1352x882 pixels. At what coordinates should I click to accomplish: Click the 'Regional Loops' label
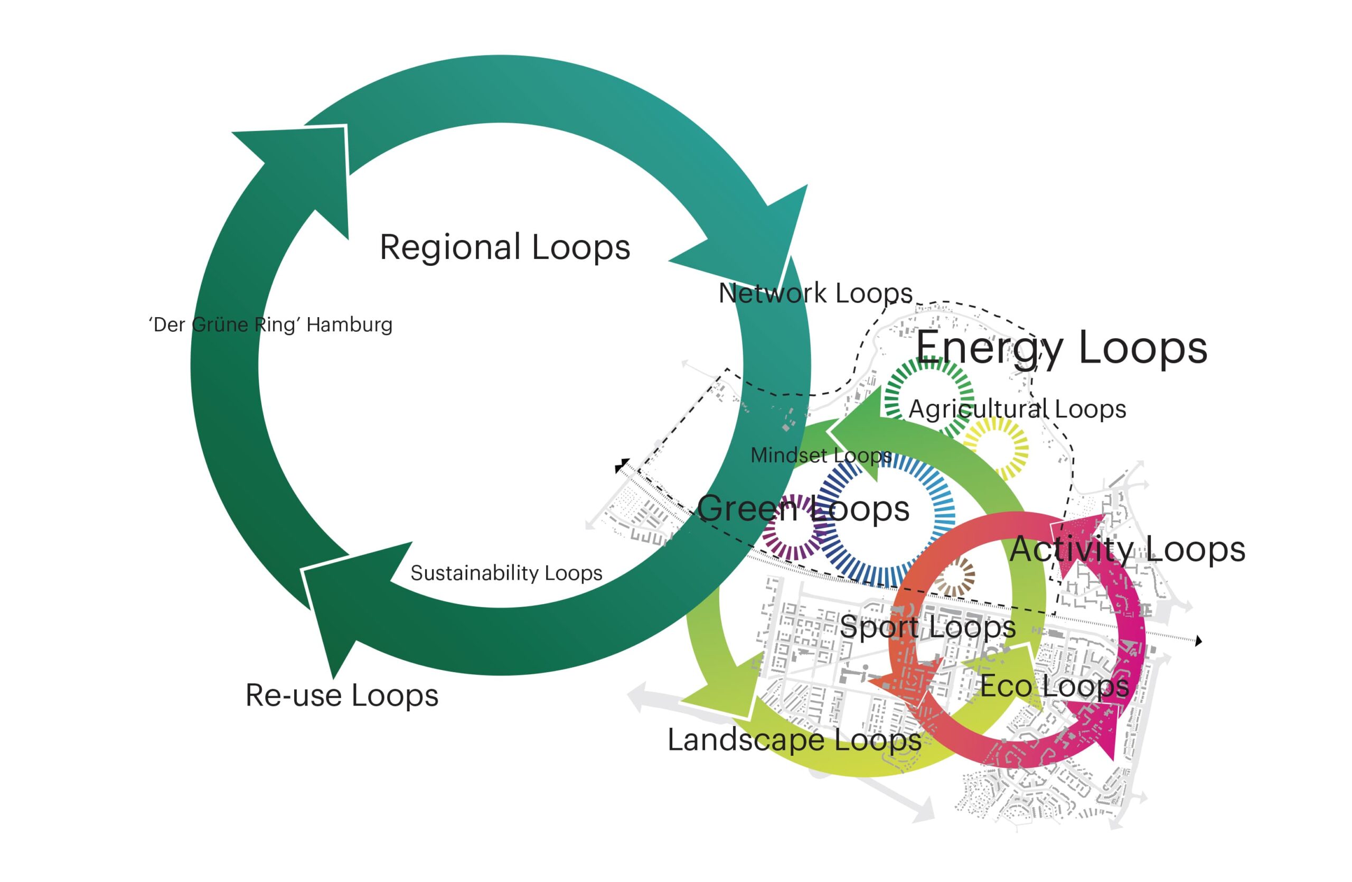pos(505,248)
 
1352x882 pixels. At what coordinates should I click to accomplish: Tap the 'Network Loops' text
pos(815,293)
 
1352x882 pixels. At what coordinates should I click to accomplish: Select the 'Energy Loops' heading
pos(1061,348)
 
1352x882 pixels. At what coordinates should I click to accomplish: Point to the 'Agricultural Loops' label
pos(1017,409)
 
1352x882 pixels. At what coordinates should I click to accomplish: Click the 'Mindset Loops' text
pos(821,455)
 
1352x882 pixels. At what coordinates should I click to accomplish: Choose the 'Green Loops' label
pos(803,508)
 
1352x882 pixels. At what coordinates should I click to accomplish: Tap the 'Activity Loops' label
pos(1128,550)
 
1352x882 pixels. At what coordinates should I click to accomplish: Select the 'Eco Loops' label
pos(1054,686)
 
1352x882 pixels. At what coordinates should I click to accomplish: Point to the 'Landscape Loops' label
pos(794,740)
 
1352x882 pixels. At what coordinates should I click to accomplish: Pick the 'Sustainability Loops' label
pos(506,573)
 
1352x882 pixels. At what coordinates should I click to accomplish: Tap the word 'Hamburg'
pos(350,325)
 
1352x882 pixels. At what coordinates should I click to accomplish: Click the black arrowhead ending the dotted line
pos(1199,641)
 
